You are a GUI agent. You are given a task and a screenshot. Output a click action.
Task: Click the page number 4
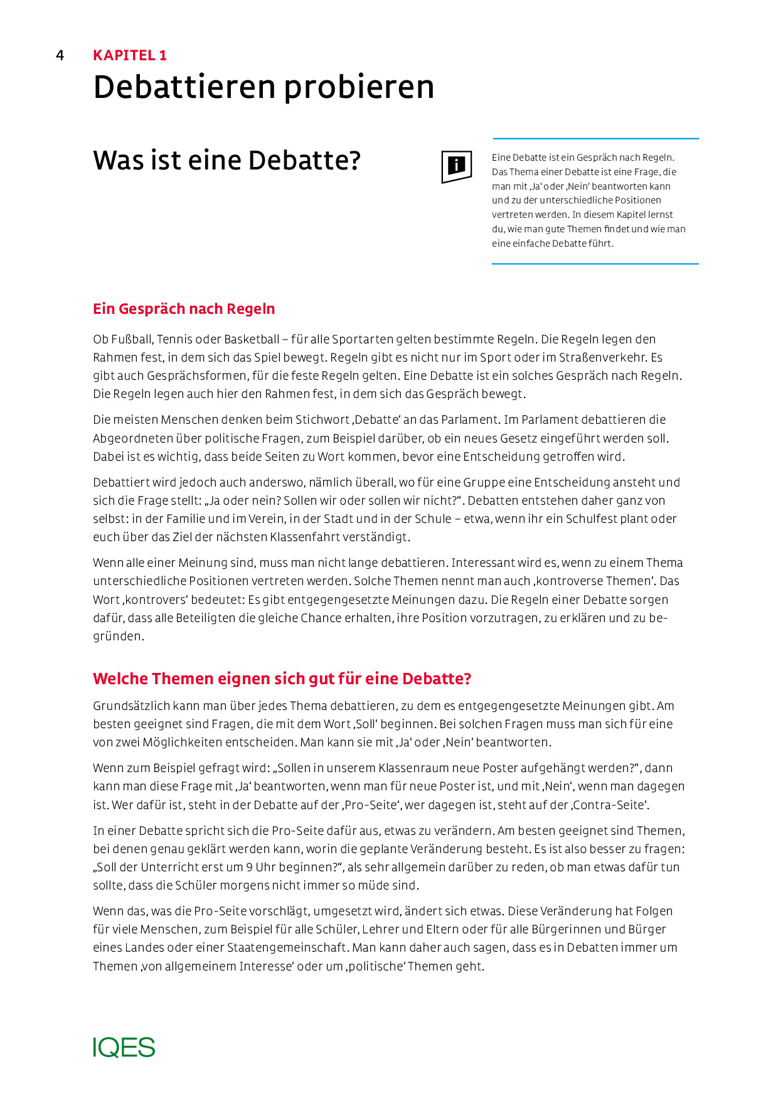click(x=60, y=55)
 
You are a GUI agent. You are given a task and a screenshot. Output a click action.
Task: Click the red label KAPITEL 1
click(x=130, y=55)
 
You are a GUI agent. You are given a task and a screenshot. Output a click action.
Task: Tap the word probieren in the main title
click(x=359, y=87)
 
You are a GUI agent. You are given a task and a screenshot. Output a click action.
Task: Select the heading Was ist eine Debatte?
click(x=226, y=160)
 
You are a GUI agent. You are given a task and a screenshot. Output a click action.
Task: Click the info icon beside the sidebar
click(x=456, y=166)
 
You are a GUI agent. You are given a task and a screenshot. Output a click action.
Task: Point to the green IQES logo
click(x=124, y=1048)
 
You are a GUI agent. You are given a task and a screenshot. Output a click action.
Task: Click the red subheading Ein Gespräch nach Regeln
click(x=184, y=309)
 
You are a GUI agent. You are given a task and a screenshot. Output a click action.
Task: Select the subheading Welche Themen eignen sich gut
click(x=282, y=679)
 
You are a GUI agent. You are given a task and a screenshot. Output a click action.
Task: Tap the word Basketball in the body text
click(x=251, y=340)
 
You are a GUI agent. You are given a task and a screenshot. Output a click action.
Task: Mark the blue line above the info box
click(x=595, y=138)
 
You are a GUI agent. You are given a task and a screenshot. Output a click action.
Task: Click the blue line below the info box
click(x=595, y=264)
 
